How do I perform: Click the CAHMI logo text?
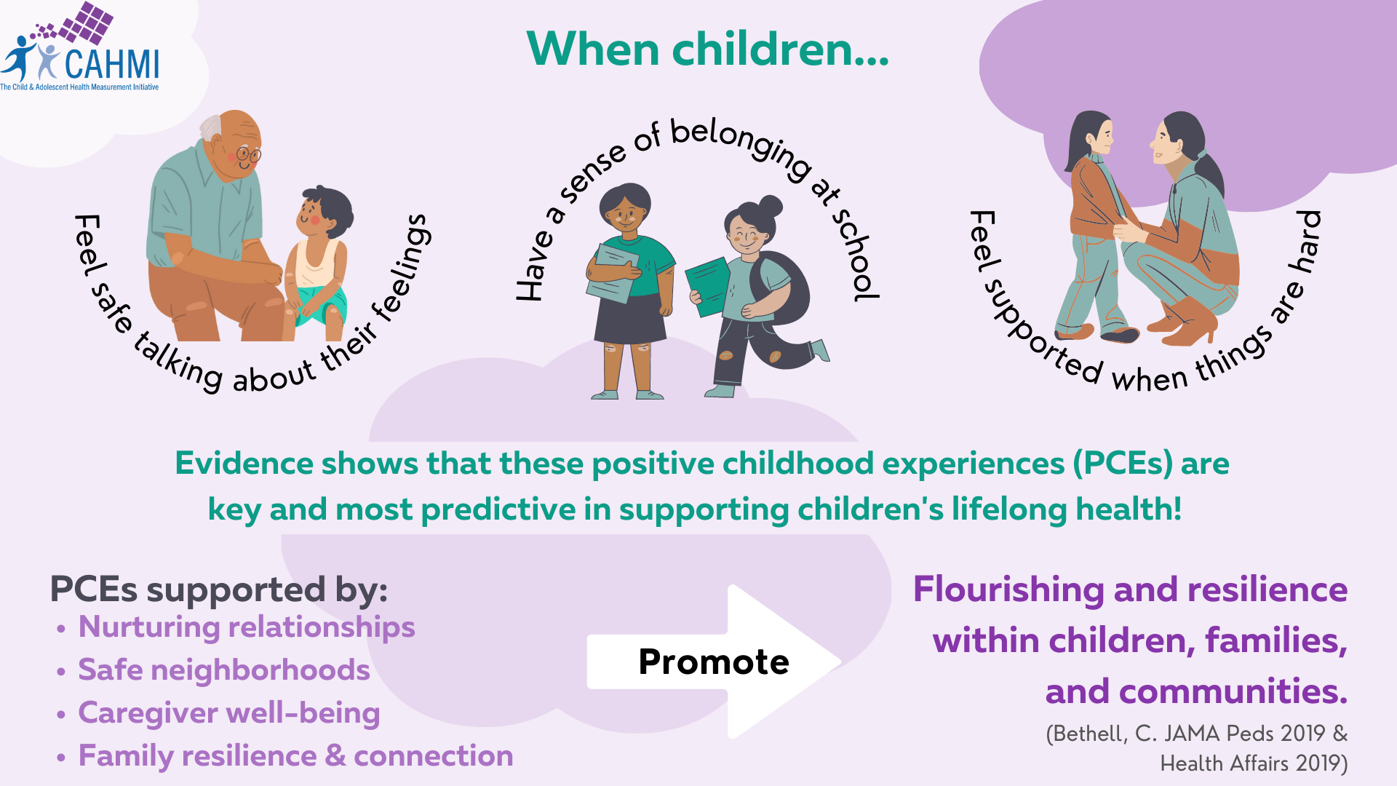(x=112, y=64)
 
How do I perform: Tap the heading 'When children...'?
(x=707, y=49)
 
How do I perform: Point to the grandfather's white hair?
(x=211, y=127)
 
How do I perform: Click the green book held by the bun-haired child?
(x=708, y=286)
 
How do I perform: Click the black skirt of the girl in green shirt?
(x=630, y=318)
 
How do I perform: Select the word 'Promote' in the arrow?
(x=714, y=662)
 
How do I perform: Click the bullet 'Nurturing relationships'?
(x=247, y=627)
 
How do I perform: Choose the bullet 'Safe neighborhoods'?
(x=224, y=670)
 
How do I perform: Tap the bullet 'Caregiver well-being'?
(x=229, y=713)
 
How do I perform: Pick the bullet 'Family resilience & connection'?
(x=295, y=756)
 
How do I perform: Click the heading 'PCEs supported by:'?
(x=219, y=589)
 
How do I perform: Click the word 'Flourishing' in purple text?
(x=1008, y=590)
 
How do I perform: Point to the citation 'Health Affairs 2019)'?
(x=1254, y=763)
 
